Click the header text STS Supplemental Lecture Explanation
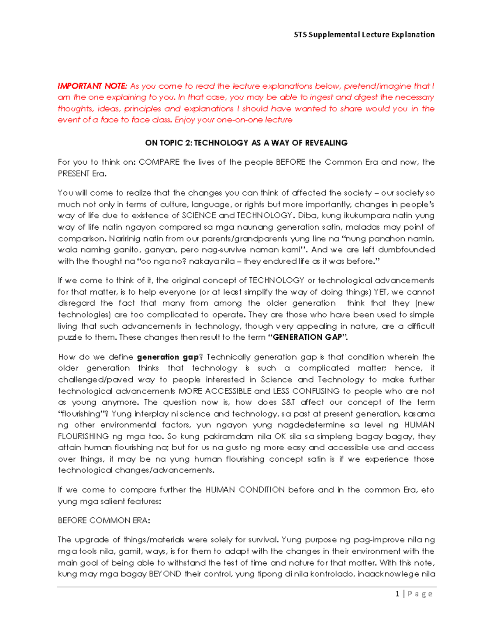(x=364, y=35)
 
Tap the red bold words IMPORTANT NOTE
(x=92, y=86)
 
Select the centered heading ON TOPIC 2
(x=246, y=143)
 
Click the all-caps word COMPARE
(x=159, y=162)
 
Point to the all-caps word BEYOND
(x=165, y=574)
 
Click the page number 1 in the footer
(x=397, y=594)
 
